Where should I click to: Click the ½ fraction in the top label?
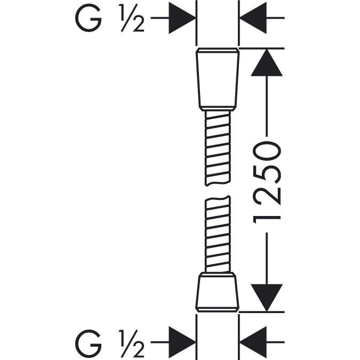[x=131, y=18]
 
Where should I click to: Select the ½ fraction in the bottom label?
[x=131, y=343]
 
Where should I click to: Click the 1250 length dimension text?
[x=267, y=182]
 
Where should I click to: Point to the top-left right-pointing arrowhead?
[x=182, y=18]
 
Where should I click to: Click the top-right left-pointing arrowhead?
[x=253, y=18]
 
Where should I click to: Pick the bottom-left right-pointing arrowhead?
[x=182, y=342]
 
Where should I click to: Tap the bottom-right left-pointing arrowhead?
[x=253, y=342]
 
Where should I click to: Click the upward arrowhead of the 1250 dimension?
[x=267, y=62]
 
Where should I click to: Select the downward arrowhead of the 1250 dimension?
[x=267, y=298]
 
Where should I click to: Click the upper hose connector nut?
[x=218, y=79]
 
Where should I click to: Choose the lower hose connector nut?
[x=217, y=292]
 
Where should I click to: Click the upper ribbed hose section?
[x=218, y=148]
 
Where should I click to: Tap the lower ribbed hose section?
[x=217, y=234]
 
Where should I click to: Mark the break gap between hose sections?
[x=218, y=191]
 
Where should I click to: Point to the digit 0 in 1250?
[x=267, y=150]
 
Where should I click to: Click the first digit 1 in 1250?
[x=267, y=220]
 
